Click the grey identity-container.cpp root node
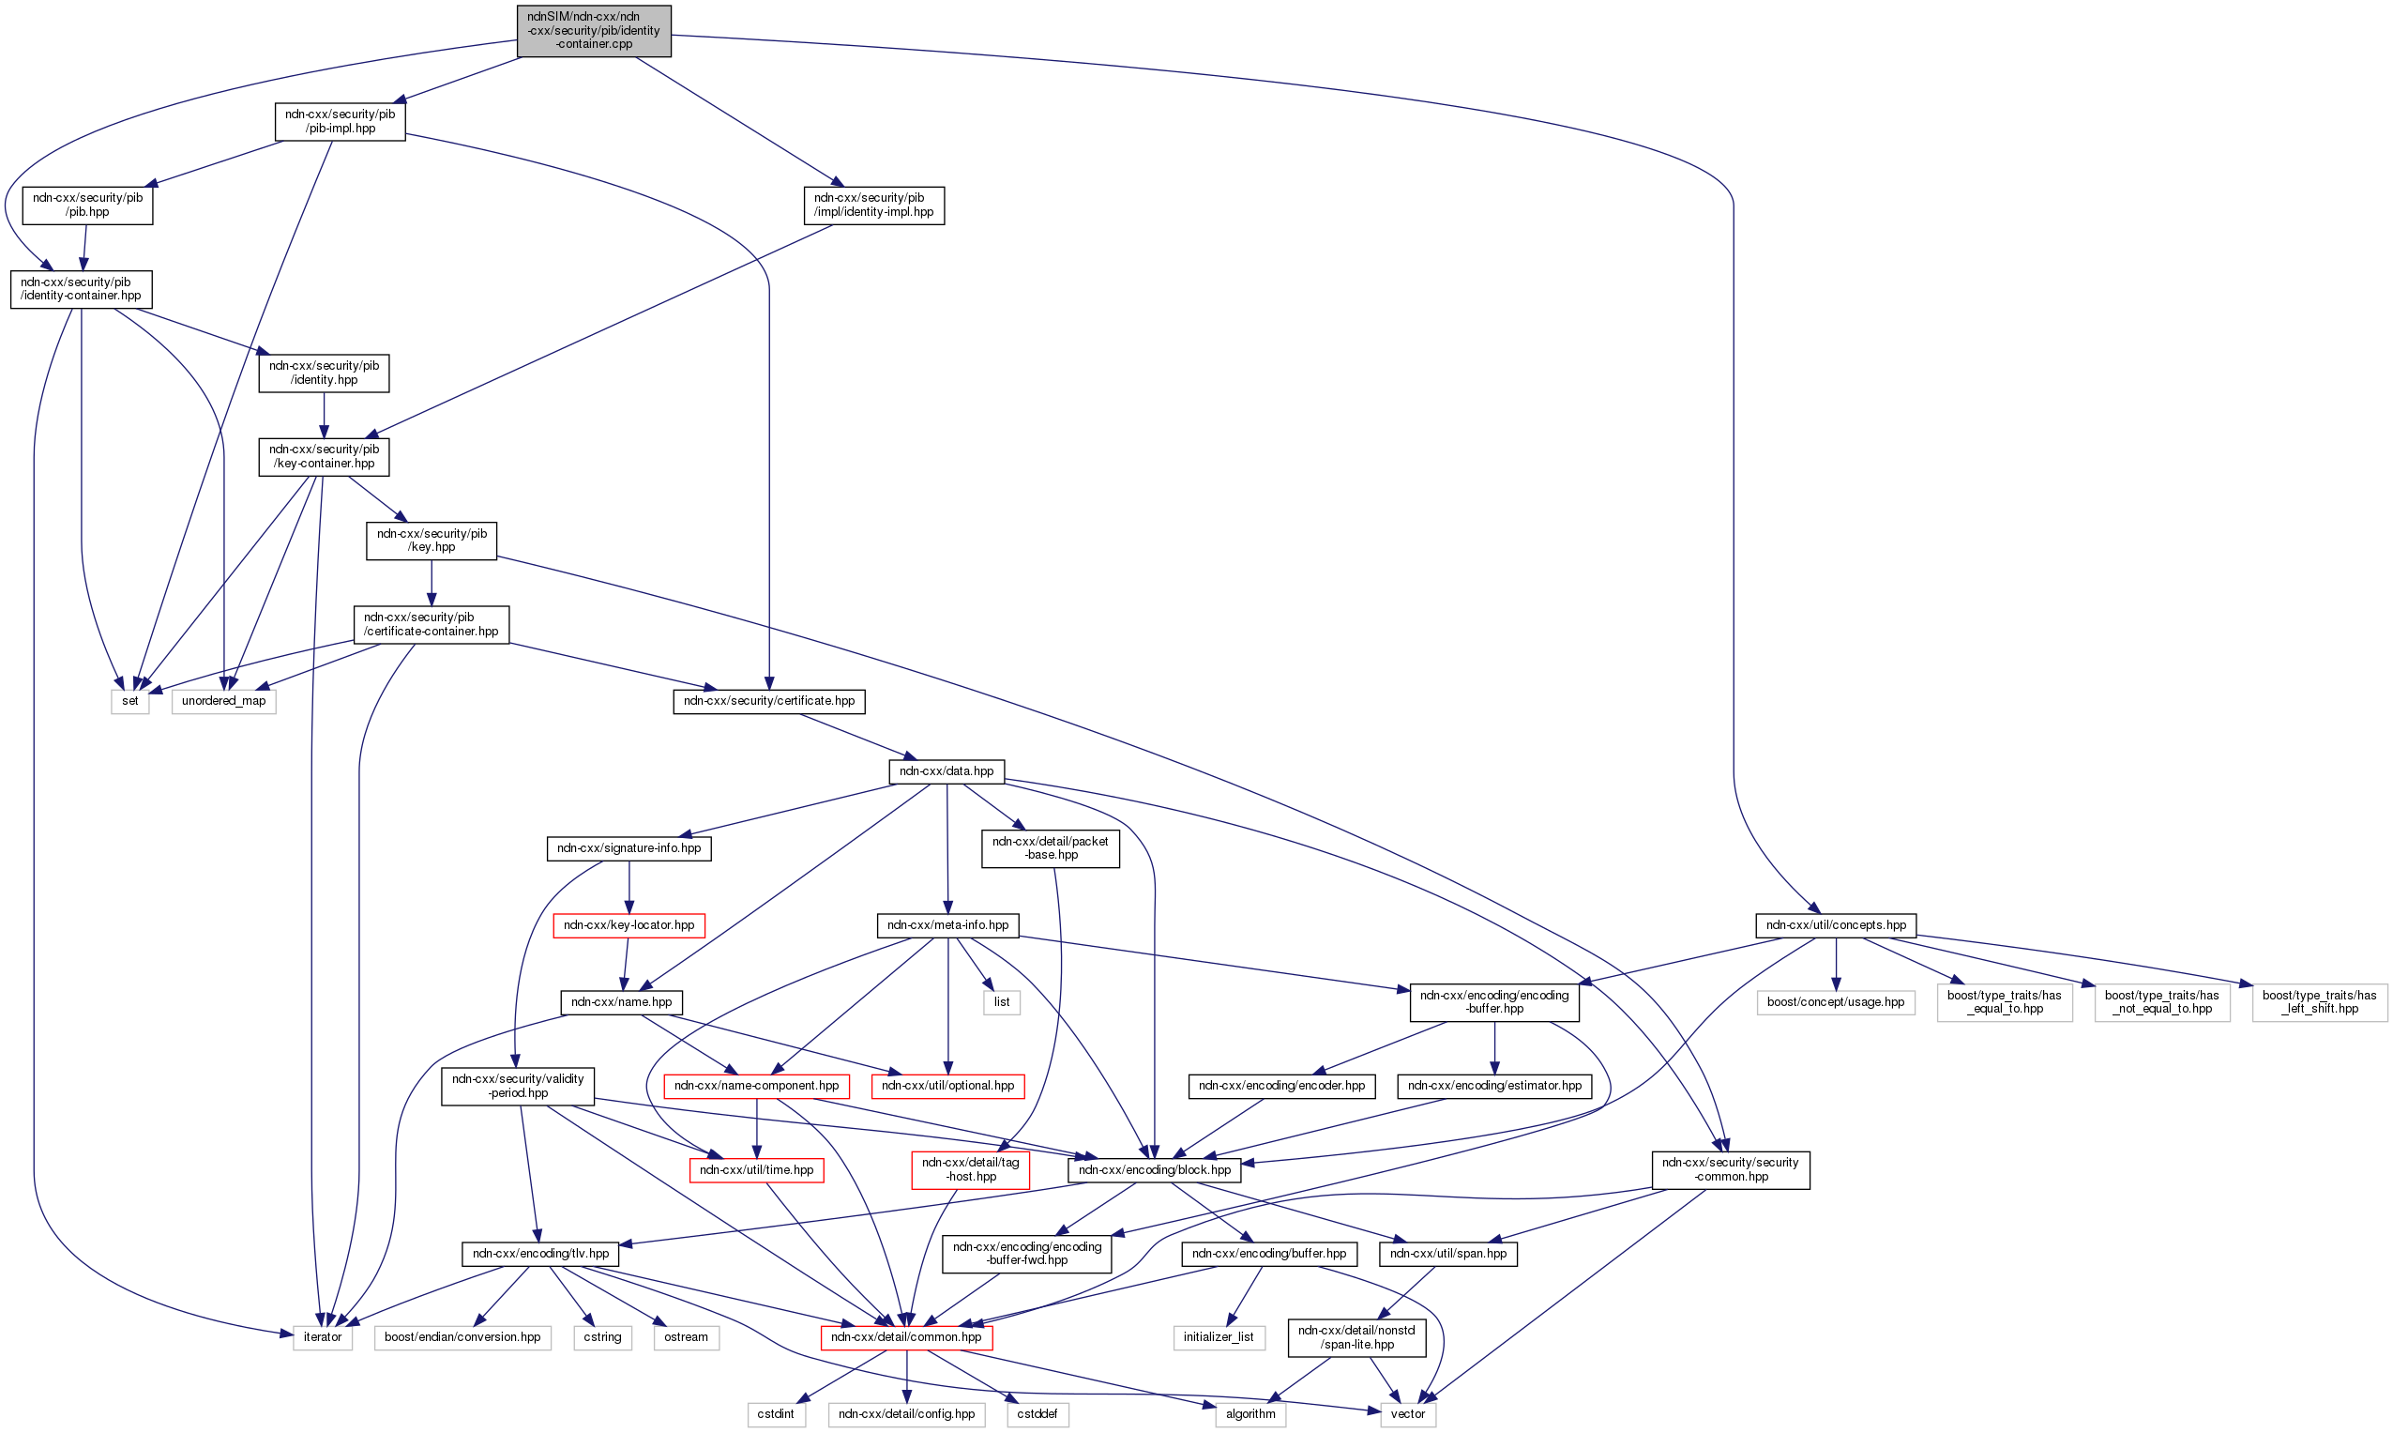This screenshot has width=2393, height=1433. [x=593, y=30]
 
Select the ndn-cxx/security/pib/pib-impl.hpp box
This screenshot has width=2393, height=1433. [x=340, y=121]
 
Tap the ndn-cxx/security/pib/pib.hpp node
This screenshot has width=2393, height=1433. [x=88, y=205]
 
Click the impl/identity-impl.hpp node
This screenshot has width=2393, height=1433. [x=873, y=205]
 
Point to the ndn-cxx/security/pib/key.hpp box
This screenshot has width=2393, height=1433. [x=432, y=540]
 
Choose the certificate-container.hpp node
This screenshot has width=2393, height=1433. [x=432, y=624]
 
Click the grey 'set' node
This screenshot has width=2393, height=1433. [x=130, y=701]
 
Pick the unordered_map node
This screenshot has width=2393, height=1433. [x=224, y=701]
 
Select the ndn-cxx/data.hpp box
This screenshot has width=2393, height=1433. [x=946, y=771]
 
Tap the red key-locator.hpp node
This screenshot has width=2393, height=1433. [x=629, y=925]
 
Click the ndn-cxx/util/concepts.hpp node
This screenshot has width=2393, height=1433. [x=1835, y=925]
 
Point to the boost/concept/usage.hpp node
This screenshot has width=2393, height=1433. [x=1835, y=1002]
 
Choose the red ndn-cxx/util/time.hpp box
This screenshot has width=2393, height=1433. [x=757, y=1170]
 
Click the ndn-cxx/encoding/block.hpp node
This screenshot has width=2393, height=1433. [x=1155, y=1170]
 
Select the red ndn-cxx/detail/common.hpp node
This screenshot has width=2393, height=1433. [x=906, y=1337]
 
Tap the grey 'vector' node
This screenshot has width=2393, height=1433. [x=1407, y=1413]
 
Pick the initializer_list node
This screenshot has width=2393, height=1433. [x=1219, y=1337]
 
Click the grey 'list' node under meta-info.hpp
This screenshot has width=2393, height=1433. [x=1002, y=1002]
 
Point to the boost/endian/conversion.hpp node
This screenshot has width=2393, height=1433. [x=462, y=1337]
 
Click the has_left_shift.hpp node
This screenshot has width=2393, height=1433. [x=2319, y=1002]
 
